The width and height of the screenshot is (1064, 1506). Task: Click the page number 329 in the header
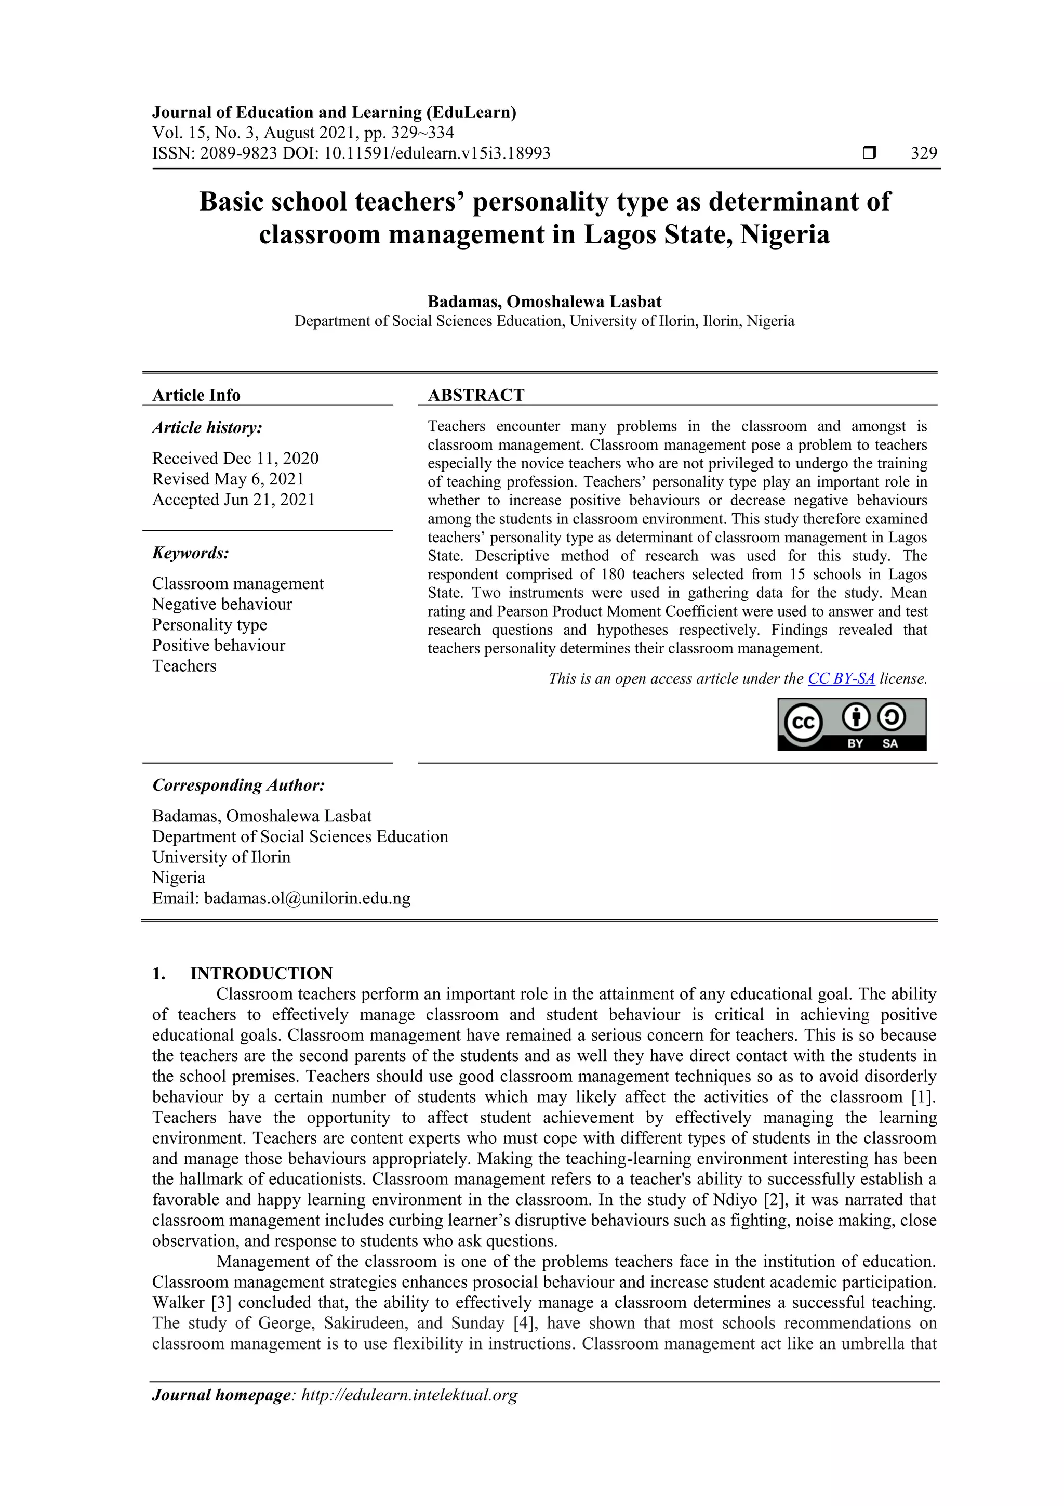(924, 153)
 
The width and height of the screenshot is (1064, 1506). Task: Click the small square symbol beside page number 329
(869, 153)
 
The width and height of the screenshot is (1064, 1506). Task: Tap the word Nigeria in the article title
(784, 234)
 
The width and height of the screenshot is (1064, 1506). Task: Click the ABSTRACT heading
(476, 395)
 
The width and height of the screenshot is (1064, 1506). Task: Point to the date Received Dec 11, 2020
(235, 458)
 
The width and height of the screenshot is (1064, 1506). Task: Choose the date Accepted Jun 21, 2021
(233, 499)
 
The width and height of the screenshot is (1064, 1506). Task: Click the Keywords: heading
(191, 553)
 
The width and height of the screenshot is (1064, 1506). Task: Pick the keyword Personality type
(210, 624)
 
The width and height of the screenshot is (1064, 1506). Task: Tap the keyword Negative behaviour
(222, 604)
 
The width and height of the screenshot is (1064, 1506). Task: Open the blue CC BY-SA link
(841, 678)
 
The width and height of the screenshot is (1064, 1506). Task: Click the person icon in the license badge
(856, 717)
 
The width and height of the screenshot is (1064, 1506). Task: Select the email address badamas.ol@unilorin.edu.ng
(307, 898)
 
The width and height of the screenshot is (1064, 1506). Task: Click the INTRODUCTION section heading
(261, 973)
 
